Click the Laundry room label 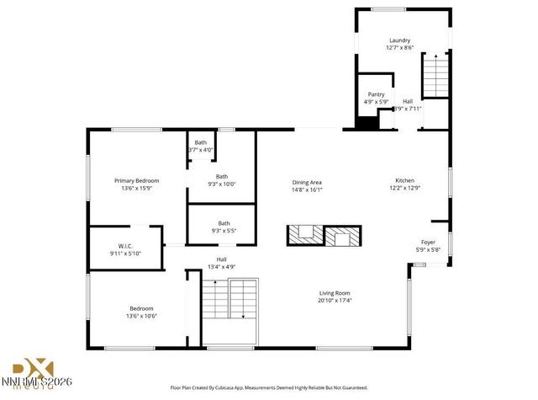tap(399, 40)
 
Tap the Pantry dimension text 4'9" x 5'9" tap(376, 102)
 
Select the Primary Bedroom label tap(136, 180)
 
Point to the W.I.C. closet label tap(125, 246)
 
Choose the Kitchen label tap(406, 180)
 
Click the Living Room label tap(335, 292)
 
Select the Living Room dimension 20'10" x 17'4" tap(335, 300)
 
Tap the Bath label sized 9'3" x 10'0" tap(221, 176)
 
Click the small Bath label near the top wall tap(201, 142)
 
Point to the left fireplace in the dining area tap(305, 236)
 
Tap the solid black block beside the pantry tap(366, 122)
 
